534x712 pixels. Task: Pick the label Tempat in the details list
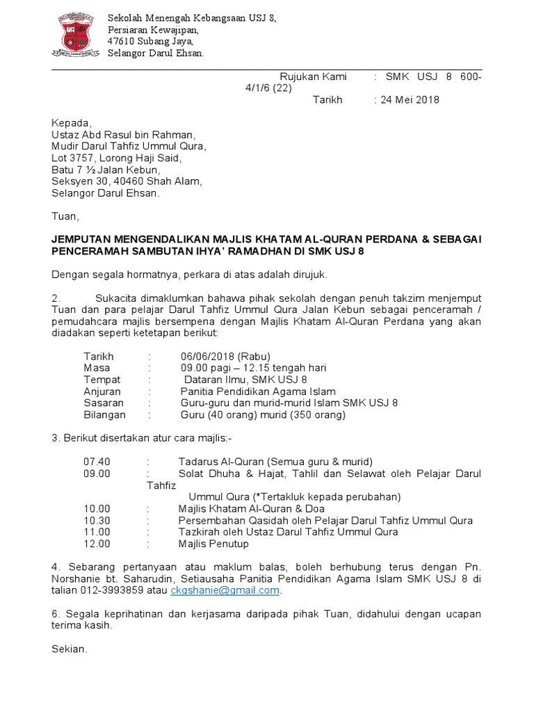click(x=102, y=380)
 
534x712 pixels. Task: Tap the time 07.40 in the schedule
click(x=97, y=462)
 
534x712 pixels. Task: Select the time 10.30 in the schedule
click(x=97, y=520)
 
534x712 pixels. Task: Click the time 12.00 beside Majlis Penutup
click(x=97, y=543)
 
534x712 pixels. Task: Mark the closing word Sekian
click(x=70, y=649)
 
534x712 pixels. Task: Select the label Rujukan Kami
click(x=313, y=76)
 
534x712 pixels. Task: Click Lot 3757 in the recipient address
click(x=75, y=158)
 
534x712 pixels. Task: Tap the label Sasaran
click(x=104, y=403)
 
